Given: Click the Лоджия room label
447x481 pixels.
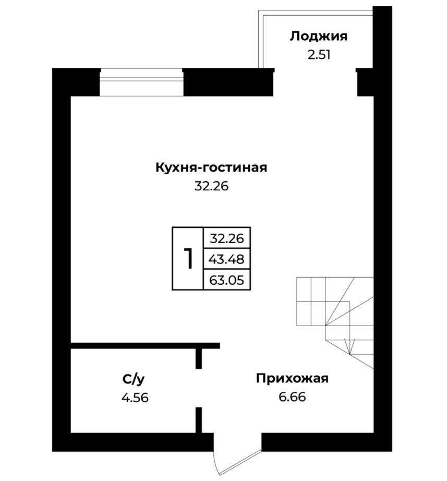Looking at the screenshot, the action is point(319,37).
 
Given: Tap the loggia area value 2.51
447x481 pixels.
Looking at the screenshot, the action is point(319,55).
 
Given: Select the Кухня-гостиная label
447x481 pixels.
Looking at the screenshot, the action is point(211,168).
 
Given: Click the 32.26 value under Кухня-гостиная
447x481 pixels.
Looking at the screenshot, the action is point(211,186).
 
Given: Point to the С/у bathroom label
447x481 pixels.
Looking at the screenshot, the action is point(134,379).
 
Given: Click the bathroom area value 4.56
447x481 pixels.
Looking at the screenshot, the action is point(135,398).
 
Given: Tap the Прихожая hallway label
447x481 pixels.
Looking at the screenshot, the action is point(292,379).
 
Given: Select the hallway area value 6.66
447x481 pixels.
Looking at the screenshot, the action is point(292,397).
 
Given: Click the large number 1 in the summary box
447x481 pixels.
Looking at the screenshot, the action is point(188,259).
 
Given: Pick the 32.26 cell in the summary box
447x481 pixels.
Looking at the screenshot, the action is point(227,238).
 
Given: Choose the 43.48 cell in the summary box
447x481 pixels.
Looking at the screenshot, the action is point(227,259).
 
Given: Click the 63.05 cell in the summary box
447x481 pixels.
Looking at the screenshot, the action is point(227,280).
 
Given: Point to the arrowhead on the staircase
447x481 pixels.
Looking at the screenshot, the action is point(350,346).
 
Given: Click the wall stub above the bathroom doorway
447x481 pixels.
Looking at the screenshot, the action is point(199,358).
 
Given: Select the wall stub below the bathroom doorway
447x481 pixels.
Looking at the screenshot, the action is point(199,420).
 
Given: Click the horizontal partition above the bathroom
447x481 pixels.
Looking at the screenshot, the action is point(146,346).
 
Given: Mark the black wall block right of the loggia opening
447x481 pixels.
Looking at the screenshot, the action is point(365,82).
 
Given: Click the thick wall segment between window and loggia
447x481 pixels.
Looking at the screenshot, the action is point(228,82).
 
